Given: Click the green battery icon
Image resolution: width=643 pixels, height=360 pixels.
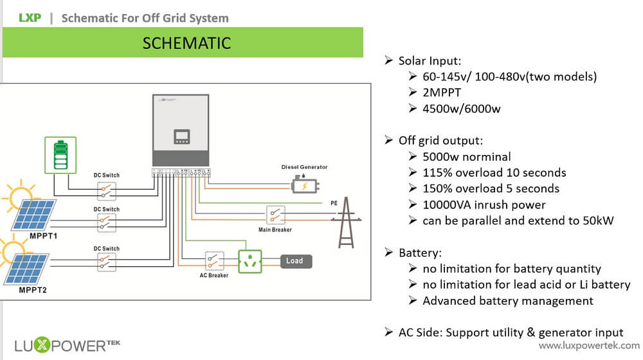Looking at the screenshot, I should [60, 154].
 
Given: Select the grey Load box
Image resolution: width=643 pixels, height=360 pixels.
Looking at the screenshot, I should [295, 261].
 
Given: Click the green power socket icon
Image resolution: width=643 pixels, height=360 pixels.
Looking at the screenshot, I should [251, 262].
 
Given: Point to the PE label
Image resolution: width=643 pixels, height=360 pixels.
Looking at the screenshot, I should [334, 203].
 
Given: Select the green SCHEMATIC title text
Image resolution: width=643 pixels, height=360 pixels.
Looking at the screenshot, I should [186, 43].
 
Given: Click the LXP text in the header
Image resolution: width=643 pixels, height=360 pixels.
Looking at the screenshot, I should [30, 18].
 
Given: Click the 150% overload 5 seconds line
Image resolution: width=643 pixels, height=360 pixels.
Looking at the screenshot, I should [491, 188].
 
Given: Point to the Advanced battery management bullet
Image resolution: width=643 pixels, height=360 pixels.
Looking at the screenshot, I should [507, 301].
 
